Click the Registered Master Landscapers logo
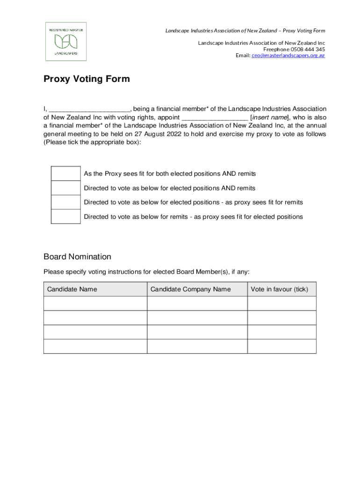65,42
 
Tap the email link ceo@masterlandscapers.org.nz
288,55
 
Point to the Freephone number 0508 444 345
308,49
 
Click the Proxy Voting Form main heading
86,79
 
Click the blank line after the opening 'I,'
89,109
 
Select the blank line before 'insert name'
215,117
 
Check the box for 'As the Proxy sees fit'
65,174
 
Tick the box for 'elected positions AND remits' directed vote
65,188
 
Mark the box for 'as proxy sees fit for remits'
65,203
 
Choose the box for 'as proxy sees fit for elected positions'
65,217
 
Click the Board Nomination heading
77,257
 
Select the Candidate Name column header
72,289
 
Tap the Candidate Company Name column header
190,289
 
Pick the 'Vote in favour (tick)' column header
279,289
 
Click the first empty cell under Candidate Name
95,303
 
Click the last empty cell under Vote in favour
281,346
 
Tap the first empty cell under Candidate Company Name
197,303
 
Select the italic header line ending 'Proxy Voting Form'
245,31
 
